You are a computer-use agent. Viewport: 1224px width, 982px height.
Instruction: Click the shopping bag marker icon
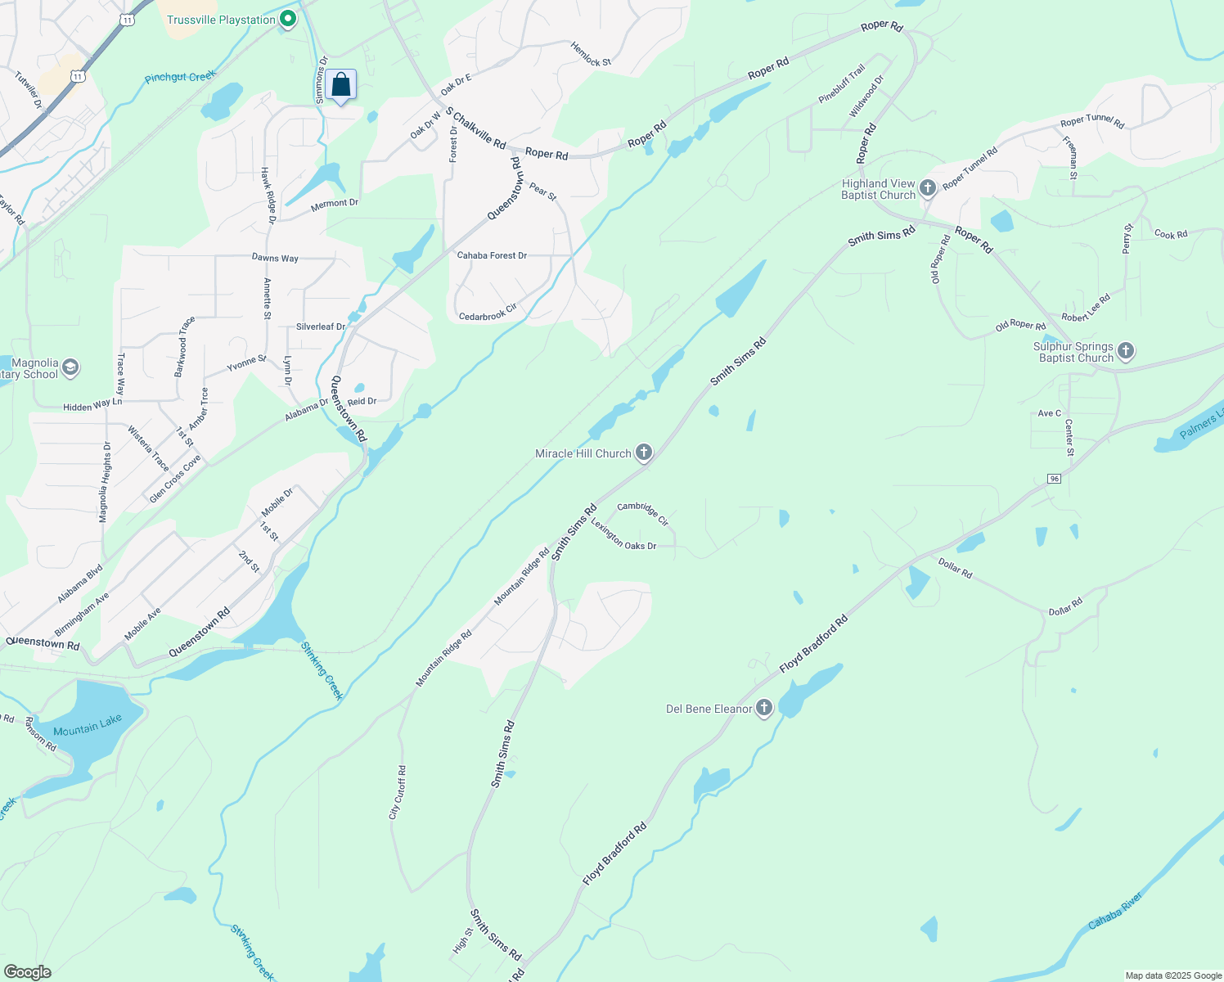pos(340,85)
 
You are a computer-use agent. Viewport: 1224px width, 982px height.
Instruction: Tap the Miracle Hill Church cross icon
pos(644,452)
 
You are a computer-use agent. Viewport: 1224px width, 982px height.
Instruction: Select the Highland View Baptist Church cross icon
pos(927,188)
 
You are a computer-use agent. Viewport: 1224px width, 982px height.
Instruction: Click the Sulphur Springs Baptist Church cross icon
pos(1126,352)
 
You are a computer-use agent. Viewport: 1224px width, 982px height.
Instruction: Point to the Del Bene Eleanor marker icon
pos(764,708)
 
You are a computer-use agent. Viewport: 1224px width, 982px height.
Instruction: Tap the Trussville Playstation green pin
pos(287,19)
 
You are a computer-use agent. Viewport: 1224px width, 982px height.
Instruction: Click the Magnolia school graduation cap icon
pos(70,367)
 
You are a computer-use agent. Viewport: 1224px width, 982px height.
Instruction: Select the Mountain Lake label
pos(88,725)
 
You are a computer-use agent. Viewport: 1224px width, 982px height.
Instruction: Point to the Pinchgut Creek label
pos(180,77)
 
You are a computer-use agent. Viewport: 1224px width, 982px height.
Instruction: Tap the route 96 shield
pos(1055,479)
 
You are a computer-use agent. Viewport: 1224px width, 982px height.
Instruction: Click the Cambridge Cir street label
pos(643,513)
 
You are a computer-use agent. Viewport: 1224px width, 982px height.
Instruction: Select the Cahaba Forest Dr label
pos(492,255)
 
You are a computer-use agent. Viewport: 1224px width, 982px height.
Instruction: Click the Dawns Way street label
pos(275,258)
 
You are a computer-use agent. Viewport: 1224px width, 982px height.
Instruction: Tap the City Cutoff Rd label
pos(398,792)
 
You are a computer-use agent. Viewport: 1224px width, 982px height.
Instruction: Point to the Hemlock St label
pos(591,55)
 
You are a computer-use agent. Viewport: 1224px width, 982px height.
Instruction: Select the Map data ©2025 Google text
pos(1172,975)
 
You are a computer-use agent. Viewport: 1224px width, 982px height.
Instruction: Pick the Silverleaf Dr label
pos(321,327)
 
